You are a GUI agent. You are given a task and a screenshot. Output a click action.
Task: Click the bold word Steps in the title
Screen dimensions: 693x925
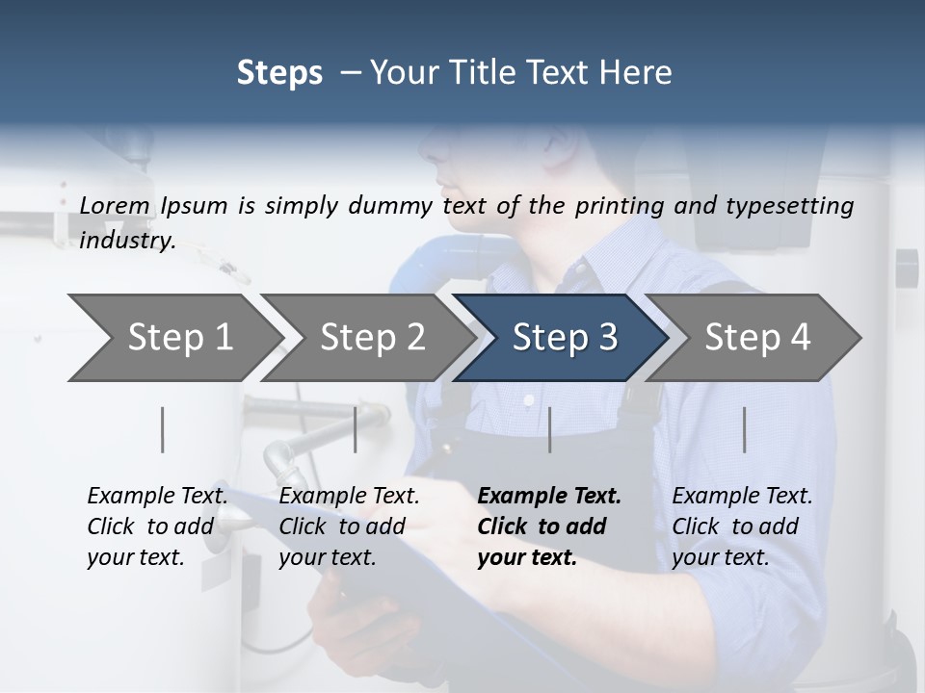[x=279, y=72]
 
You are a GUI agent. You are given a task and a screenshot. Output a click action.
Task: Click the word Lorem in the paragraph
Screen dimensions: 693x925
[x=115, y=206]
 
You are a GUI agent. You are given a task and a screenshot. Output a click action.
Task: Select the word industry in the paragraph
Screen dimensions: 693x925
[x=127, y=241]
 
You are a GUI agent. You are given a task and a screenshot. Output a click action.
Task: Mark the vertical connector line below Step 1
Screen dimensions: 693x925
[x=163, y=429]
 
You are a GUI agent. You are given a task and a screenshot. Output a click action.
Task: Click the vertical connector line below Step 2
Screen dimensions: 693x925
[x=356, y=429]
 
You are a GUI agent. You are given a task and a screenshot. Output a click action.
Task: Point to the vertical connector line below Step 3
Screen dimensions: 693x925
[x=549, y=429]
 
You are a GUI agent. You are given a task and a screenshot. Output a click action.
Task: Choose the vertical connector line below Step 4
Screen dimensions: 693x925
[x=744, y=429]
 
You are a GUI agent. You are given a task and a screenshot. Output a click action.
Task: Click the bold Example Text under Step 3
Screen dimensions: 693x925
[x=549, y=497]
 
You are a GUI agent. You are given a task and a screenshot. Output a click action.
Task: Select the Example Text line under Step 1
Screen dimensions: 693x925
[x=158, y=497]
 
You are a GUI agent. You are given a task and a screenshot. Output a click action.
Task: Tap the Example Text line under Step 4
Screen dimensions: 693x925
[x=742, y=497]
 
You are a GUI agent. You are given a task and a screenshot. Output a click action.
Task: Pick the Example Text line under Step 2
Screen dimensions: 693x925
[x=350, y=497]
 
